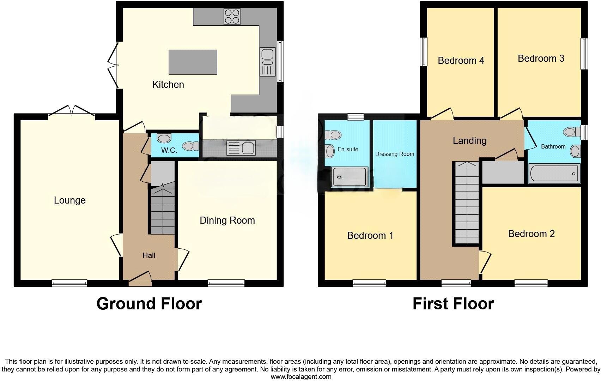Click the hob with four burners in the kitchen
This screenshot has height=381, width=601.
coord(232,16)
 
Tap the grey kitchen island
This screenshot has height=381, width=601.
coord(193,62)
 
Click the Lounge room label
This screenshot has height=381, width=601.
coord(70,200)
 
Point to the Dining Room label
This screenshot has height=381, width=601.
coord(227,220)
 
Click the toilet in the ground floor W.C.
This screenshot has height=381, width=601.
coord(190,145)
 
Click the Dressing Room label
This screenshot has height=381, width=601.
coord(395,154)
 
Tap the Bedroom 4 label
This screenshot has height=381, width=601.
coord(461,61)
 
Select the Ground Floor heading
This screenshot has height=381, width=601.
coord(149,304)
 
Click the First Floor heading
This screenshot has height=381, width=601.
coord(453,304)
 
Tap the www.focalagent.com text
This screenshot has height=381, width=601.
coord(301,376)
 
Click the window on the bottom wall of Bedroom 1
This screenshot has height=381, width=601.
coord(369,283)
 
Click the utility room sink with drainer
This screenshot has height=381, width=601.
coord(241,148)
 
